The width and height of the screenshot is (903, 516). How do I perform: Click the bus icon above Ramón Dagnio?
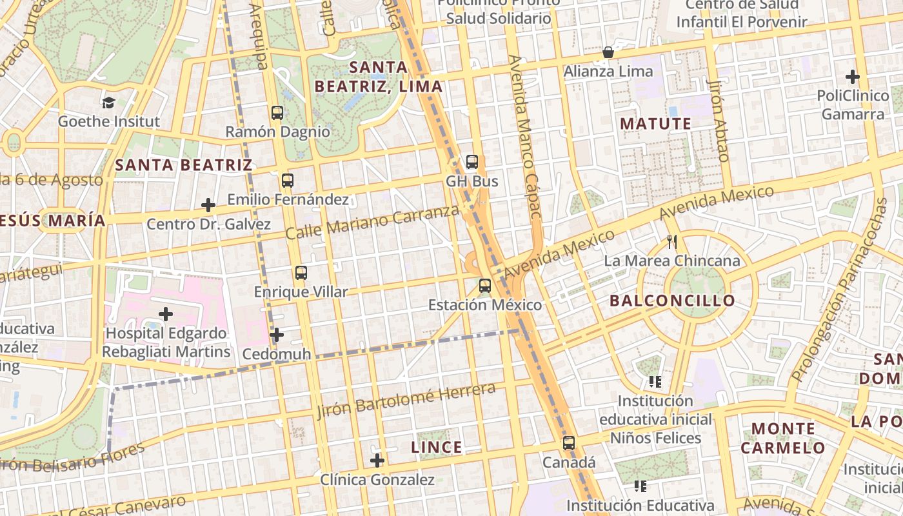tap(277, 113)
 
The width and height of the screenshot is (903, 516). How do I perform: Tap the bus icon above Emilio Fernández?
tap(288, 181)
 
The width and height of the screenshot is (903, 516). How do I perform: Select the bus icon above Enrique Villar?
tap(301, 272)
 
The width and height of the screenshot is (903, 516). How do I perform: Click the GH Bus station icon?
tap(472, 162)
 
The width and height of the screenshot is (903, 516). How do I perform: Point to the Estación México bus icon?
tap(485, 285)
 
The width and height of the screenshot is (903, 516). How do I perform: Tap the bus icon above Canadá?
tap(568, 443)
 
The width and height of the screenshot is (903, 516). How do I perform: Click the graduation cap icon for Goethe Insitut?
tap(108, 103)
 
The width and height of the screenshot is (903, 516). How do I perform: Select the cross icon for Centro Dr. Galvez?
tap(208, 205)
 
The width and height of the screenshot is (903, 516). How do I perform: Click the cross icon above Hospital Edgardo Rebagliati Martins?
tap(166, 314)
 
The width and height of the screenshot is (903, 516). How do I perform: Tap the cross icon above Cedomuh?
tap(277, 335)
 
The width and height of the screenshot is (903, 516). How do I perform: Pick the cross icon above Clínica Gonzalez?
tap(377, 461)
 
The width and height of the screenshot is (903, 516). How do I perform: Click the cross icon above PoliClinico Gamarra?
tap(853, 77)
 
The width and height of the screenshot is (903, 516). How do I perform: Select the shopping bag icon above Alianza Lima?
tap(608, 52)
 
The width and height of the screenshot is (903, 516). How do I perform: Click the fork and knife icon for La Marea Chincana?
tap(672, 242)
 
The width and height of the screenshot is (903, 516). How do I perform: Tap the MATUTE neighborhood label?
tap(655, 124)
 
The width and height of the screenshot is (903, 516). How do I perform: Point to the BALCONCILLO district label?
tap(672, 301)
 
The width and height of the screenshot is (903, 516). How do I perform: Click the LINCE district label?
tap(437, 447)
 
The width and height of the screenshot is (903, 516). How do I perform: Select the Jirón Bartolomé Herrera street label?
tap(406, 401)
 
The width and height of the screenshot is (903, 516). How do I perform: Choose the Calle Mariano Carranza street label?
tap(372, 223)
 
